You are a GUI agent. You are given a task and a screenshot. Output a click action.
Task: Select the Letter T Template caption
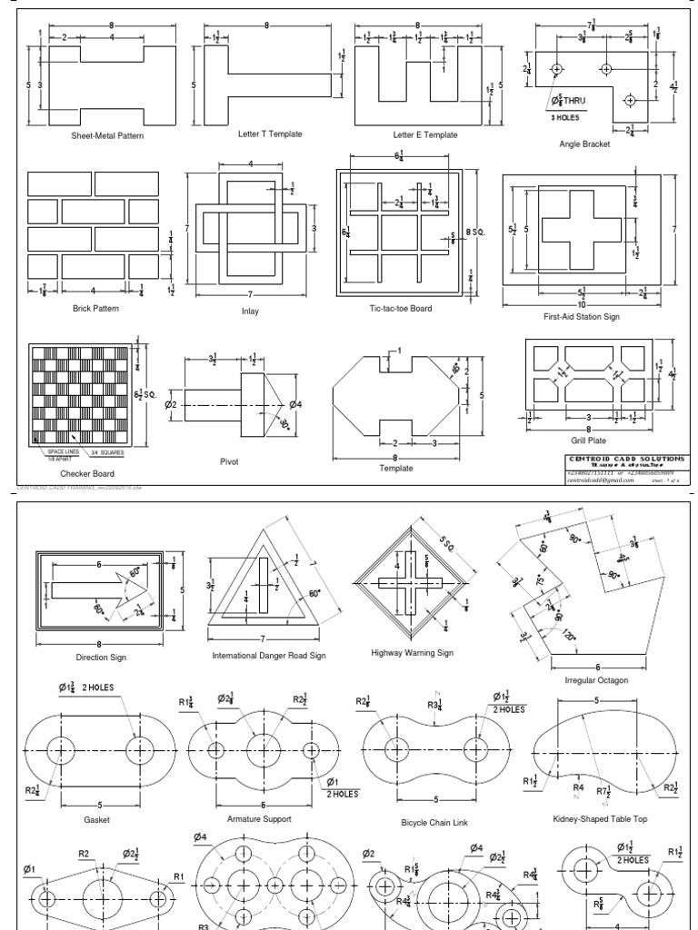269,134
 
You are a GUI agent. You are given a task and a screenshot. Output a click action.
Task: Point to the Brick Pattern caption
95,309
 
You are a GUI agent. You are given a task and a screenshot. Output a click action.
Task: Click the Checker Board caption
87,473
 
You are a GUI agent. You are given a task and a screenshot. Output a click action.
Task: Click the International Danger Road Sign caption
269,655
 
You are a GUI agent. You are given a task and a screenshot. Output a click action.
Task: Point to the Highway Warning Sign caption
412,652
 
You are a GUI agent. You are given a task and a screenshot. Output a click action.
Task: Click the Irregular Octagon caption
596,679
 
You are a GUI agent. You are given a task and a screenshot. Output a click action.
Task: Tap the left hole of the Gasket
63,750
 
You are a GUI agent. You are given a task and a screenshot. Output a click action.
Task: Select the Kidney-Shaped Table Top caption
600,819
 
